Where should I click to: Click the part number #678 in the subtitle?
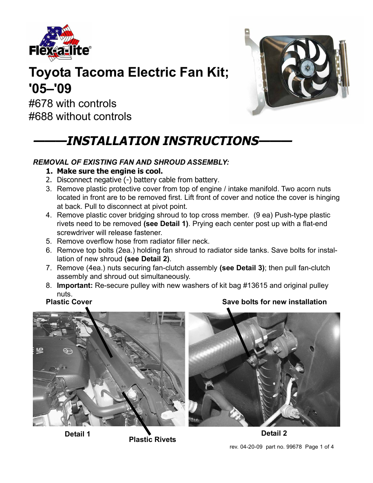pos(40,104)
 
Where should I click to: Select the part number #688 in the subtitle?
pos(40,117)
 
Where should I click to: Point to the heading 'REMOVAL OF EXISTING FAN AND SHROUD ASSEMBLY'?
pos(131,162)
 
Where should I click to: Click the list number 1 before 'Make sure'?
pos(48,171)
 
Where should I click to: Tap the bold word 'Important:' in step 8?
pos(75,285)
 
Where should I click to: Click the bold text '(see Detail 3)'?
pos(242,268)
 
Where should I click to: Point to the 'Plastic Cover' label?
pos(69,302)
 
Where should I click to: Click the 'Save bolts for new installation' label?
pos(274,302)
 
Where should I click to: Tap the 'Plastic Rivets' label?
pos(152,440)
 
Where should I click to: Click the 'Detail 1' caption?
pos(77,434)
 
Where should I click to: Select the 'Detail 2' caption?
pos(274,433)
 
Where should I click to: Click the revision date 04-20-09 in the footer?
pos(251,447)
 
